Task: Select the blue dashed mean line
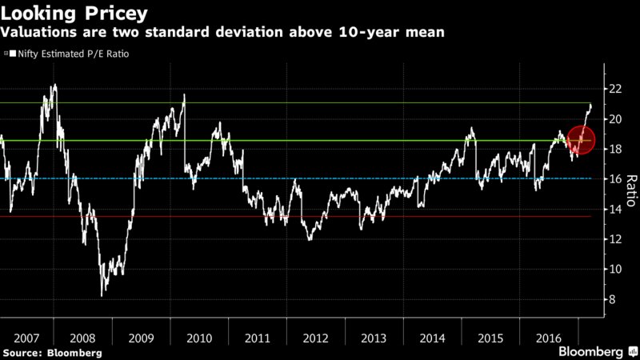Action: point(320,178)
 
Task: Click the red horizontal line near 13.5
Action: point(320,216)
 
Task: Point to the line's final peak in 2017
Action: point(591,105)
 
